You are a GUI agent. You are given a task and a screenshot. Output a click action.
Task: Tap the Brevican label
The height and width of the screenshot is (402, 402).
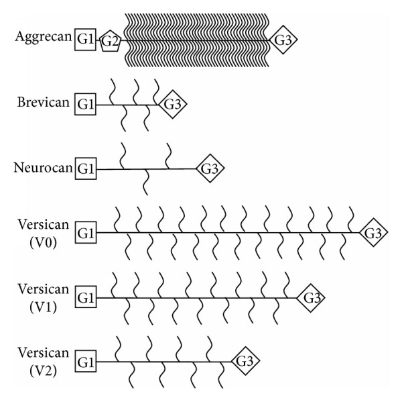coord(44,103)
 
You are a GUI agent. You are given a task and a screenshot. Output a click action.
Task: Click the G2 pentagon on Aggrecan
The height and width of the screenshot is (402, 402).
coord(110,42)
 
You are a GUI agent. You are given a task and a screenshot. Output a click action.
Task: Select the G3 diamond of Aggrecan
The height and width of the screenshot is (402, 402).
coord(283,41)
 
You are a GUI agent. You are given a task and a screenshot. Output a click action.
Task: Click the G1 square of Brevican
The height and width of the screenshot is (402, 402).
coord(86,105)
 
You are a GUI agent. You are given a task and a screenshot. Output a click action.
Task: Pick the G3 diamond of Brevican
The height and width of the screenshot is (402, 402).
coord(172,104)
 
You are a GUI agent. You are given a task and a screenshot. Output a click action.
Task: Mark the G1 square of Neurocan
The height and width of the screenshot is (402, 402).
coord(86,168)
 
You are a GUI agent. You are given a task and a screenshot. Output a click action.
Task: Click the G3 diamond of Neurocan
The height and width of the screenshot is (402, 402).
coord(210,168)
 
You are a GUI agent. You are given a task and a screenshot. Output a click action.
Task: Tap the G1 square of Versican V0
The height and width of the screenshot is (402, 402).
coord(86,234)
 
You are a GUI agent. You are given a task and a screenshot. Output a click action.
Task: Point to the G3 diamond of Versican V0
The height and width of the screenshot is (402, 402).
coord(373,233)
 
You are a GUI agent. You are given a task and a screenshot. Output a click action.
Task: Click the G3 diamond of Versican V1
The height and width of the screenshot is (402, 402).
coord(310,297)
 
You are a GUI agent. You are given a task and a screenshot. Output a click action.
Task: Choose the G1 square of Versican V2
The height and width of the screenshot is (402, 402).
coord(86,362)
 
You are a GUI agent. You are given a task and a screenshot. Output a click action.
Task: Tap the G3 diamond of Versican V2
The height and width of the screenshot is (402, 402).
coord(245,362)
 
